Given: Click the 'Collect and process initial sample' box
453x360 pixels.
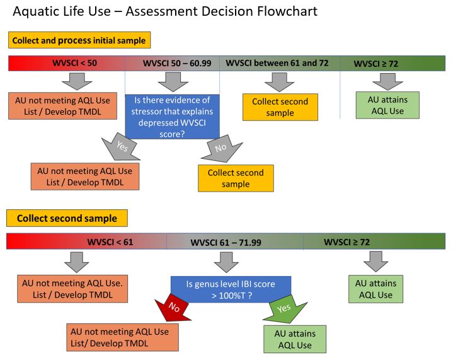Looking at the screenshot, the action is (x=79, y=40).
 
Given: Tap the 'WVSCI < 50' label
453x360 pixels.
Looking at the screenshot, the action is (x=74, y=63).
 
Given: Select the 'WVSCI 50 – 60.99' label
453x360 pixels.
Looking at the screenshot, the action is (x=177, y=63).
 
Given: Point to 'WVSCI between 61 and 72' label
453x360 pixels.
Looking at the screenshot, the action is (x=277, y=63).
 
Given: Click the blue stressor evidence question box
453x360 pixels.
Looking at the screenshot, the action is (x=172, y=117).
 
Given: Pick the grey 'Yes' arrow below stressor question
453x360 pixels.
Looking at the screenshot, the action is (x=120, y=147).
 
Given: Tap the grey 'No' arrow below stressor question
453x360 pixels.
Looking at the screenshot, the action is (x=222, y=148).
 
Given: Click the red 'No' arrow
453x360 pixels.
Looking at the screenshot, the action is (x=173, y=308).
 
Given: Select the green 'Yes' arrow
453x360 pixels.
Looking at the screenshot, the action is (x=285, y=309).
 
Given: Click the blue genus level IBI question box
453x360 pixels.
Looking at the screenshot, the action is (x=231, y=289).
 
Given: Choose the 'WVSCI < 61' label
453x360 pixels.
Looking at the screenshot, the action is (x=110, y=241).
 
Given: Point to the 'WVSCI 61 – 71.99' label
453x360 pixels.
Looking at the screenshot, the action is (x=226, y=242).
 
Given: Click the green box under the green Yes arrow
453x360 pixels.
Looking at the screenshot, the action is (x=295, y=339).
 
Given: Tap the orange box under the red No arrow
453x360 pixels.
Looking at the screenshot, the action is (x=122, y=337).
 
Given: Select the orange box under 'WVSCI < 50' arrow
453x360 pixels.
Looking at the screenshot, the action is (x=63, y=106).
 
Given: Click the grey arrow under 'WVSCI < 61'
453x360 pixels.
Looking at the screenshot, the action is (x=77, y=262).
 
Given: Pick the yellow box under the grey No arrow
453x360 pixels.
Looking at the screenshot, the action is (x=236, y=178).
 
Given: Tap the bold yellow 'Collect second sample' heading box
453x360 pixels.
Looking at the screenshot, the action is (x=67, y=218).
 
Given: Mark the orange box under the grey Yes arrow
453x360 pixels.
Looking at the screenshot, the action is (x=85, y=177).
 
